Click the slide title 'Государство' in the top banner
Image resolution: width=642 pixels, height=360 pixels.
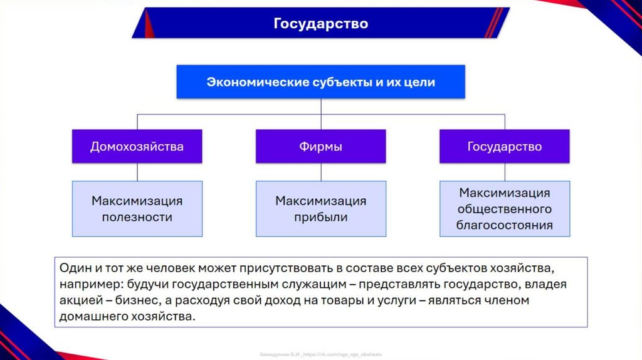pyautogui.click(x=320, y=24)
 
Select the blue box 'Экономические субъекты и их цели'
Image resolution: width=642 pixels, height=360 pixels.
pyautogui.click(x=320, y=82)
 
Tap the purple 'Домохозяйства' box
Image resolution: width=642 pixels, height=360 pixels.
pyautogui.click(x=137, y=147)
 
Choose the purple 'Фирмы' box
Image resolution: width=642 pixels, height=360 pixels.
pyautogui.click(x=320, y=147)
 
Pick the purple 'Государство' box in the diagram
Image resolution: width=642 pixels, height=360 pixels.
pyautogui.click(x=504, y=147)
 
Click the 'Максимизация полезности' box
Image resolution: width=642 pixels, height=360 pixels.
pyautogui.click(x=137, y=209)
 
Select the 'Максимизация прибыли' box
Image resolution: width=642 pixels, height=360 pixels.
pyautogui.click(x=320, y=209)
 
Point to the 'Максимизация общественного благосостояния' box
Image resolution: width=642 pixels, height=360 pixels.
pyautogui.click(x=504, y=209)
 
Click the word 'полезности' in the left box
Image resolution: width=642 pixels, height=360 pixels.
pyautogui.click(x=137, y=218)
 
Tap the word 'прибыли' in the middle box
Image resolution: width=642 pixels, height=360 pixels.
pyautogui.click(x=320, y=218)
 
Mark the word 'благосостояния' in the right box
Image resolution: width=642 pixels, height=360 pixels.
pyautogui.click(x=505, y=225)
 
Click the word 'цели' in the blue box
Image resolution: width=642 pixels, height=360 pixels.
pyautogui.click(x=419, y=82)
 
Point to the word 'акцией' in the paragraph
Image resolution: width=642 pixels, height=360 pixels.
pyautogui.click(x=79, y=300)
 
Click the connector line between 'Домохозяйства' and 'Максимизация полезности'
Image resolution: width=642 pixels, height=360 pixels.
pyautogui.click(x=137, y=172)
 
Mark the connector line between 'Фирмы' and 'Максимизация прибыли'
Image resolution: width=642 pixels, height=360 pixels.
pyautogui.click(x=320, y=172)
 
